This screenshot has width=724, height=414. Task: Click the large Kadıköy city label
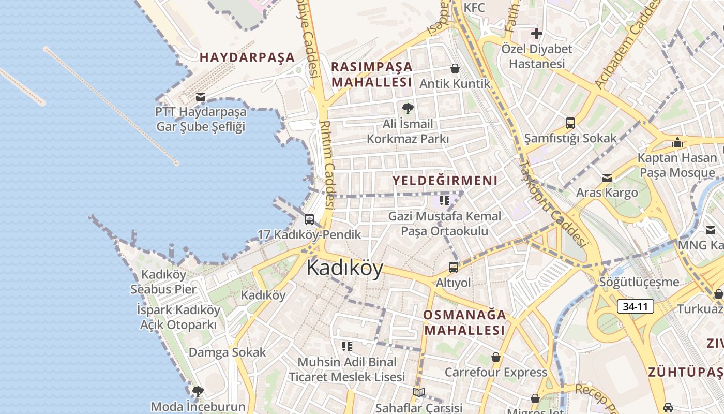coord(345,269)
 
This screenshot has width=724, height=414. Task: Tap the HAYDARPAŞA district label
coord(247,57)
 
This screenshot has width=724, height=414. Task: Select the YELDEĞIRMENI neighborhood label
coord(445,181)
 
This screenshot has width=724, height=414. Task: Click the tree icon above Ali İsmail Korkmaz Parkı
coord(408,109)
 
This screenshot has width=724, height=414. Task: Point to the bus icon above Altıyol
coord(454,268)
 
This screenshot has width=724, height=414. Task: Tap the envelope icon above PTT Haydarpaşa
coord(201,97)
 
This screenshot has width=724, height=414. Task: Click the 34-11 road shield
coord(635,306)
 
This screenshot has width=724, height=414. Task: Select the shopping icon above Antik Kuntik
coord(455,68)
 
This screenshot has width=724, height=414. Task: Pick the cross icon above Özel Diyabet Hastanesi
coord(537,34)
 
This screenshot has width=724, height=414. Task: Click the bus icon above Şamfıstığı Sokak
coord(570,123)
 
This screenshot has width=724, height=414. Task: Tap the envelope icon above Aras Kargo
coord(607,178)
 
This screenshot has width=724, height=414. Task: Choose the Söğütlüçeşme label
coord(639,283)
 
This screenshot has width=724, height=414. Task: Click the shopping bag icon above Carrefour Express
coord(496,357)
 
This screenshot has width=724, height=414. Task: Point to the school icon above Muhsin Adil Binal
coord(346,346)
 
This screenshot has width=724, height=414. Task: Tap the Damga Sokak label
coord(228,352)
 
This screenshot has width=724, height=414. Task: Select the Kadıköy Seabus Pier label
coord(163,282)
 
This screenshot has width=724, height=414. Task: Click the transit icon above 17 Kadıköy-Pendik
coord(309,219)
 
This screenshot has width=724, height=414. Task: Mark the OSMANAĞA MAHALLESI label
coord(464,322)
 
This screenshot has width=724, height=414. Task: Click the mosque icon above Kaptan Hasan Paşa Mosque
coord(677,142)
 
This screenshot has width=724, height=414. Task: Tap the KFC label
coord(474,8)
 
